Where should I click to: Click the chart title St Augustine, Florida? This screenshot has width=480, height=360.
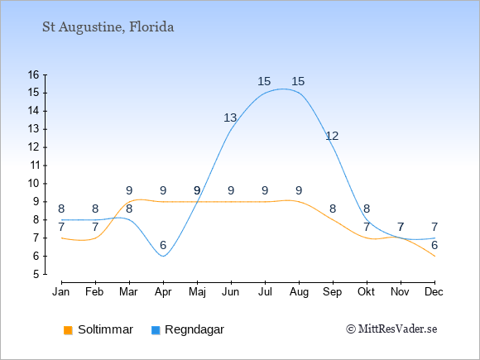click(x=108, y=27)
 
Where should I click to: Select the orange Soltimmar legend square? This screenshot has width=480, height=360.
click(x=68, y=330)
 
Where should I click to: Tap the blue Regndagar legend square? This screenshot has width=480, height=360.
click(x=156, y=330)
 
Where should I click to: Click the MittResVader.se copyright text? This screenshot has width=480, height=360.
click(x=391, y=329)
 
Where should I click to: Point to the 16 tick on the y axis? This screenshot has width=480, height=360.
click(x=34, y=74)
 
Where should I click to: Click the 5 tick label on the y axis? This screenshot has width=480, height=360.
click(x=36, y=274)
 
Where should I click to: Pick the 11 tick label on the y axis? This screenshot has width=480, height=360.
click(x=34, y=166)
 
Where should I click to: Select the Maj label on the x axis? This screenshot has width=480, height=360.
click(x=197, y=292)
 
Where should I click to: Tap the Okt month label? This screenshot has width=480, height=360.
click(x=366, y=292)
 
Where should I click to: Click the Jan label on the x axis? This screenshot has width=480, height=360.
click(x=61, y=292)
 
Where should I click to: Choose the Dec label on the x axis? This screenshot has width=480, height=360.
click(x=434, y=292)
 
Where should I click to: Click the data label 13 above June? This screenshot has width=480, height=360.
click(x=230, y=118)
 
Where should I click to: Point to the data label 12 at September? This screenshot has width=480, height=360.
click(x=332, y=136)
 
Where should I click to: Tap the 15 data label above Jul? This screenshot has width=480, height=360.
click(x=264, y=81)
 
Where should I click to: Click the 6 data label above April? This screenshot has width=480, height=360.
click(x=163, y=245)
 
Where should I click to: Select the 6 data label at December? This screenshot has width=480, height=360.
click(x=434, y=245)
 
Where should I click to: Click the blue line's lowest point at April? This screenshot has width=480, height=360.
click(x=164, y=256)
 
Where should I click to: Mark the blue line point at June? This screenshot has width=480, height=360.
click(x=231, y=129)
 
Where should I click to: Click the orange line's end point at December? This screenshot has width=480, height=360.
click(x=434, y=256)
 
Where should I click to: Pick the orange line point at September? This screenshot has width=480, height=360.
click(x=333, y=220)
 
